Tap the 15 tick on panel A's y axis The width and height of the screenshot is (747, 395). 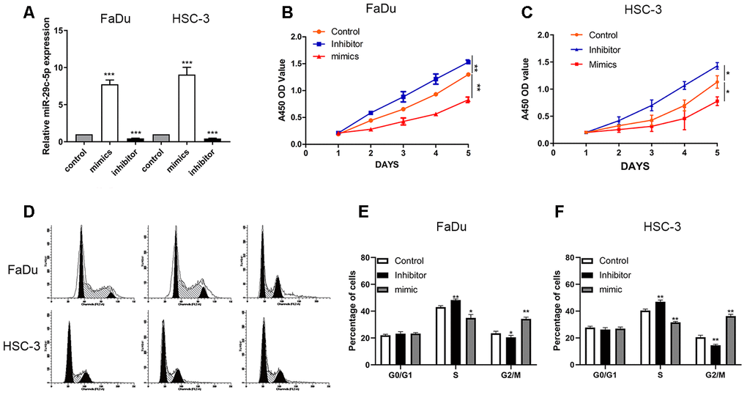(x=61, y=30)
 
